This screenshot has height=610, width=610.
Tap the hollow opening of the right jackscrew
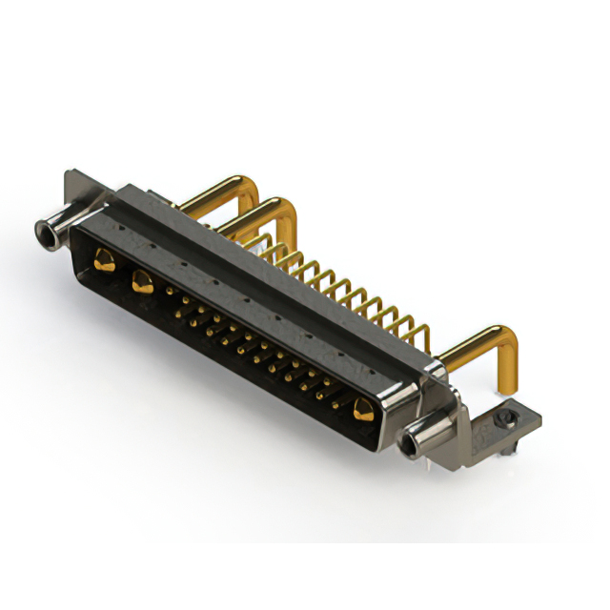pyautogui.click(x=413, y=442)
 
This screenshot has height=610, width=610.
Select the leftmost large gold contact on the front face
pyautogui.click(x=102, y=257)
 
